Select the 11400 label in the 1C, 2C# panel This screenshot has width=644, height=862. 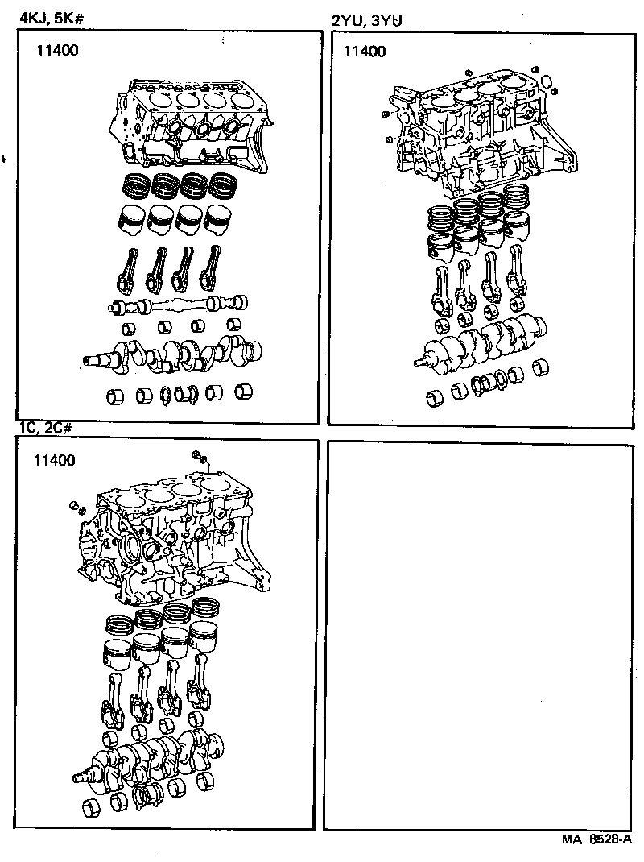tap(54, 461)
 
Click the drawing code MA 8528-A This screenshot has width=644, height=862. tap(597, 838)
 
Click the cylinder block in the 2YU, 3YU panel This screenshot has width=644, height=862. tap(475, 133)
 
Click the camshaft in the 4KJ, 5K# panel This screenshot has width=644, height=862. tap(178, 305)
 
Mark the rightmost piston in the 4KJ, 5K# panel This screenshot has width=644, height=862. tap(217, 219)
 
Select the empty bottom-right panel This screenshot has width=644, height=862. tap(481, 635)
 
